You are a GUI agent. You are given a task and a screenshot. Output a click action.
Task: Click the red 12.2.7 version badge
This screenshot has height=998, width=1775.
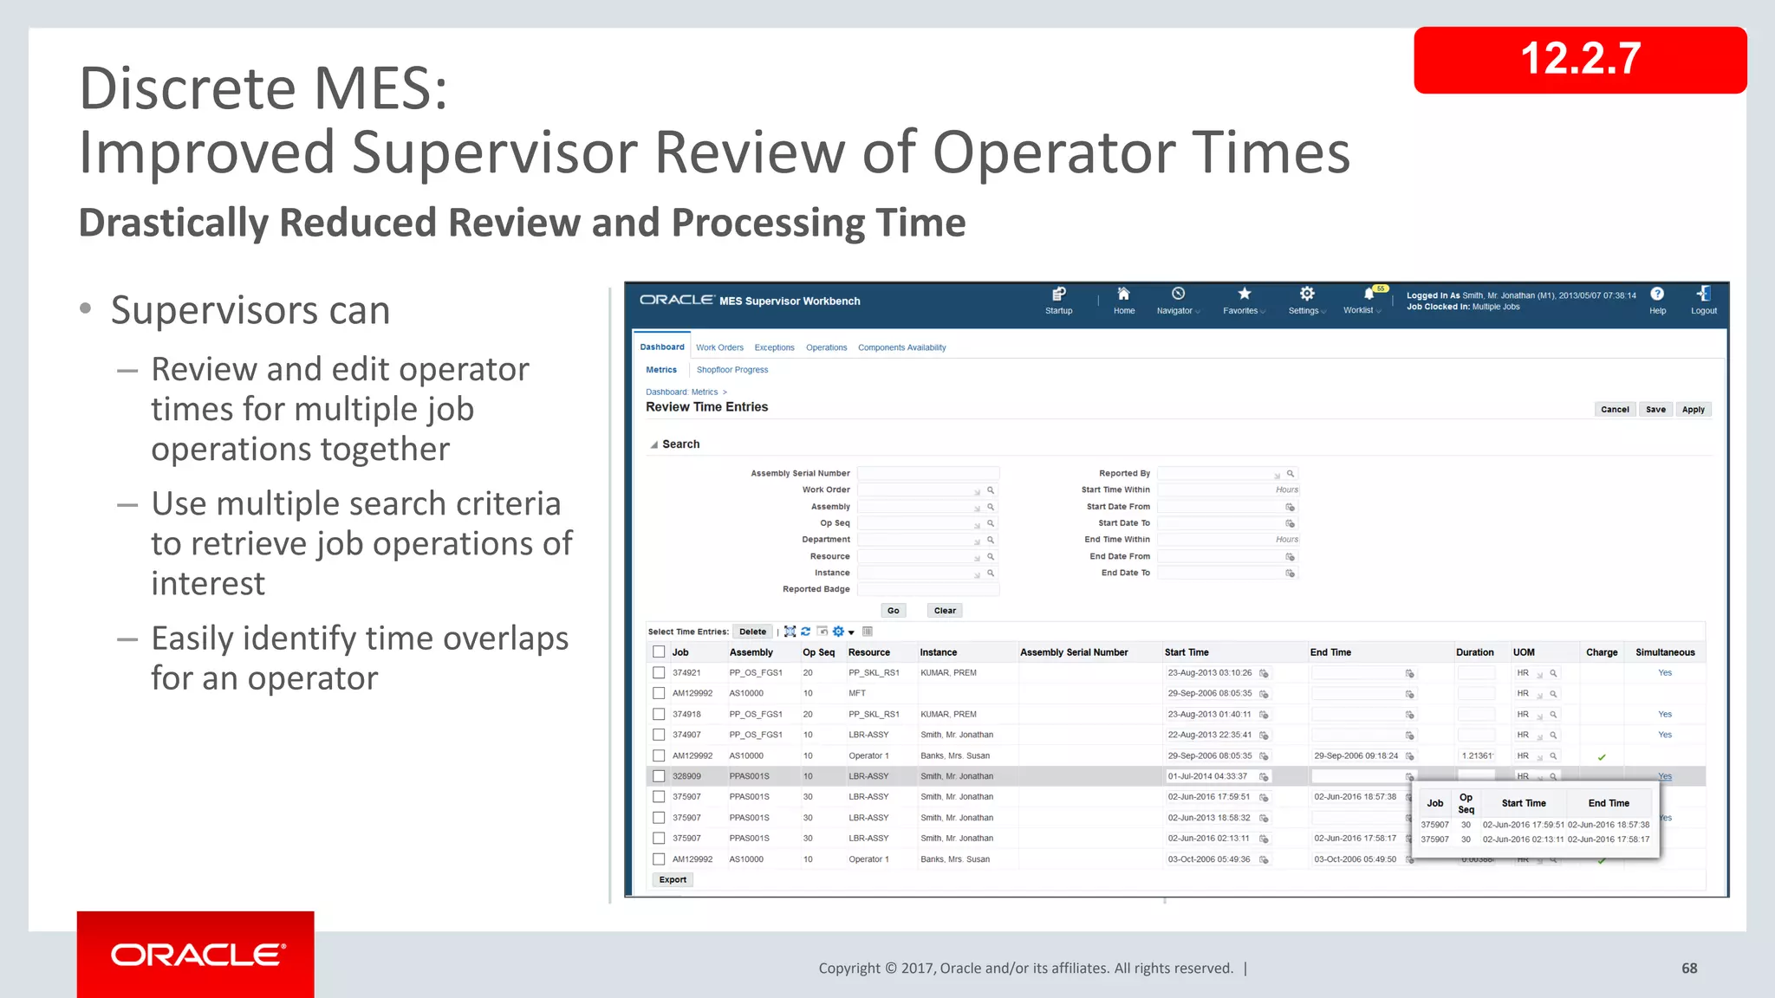pos(1579,60)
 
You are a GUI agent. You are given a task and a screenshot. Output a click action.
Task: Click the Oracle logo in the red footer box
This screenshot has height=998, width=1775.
pos(197,955)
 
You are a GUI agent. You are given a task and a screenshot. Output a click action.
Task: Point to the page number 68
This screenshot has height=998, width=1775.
pos(1689,969)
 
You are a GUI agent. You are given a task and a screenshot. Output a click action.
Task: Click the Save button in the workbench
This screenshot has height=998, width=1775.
pos(1655,410)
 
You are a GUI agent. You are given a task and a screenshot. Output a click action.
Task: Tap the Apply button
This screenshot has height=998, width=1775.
pos(1693,410)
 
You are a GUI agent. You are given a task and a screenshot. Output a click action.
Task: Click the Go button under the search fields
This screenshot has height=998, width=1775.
pos(893,611)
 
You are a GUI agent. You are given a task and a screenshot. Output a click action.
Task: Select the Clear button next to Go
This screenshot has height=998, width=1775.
pos(945,611)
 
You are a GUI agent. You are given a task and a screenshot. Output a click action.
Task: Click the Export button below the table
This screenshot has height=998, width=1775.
pos(673,880)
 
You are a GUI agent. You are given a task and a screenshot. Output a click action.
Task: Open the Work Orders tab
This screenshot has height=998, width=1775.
pos(719,347)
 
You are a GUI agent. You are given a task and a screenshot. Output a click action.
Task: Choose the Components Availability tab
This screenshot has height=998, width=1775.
pos(901,347)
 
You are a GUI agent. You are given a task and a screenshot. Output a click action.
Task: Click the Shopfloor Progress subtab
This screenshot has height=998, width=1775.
pos(732,370)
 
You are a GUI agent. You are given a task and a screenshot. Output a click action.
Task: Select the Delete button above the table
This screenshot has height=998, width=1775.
pos(752,632)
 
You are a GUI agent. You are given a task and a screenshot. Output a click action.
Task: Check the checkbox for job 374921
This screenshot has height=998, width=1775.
pos(659,673)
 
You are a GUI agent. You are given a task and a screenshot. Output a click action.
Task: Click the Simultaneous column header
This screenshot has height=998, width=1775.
pos(1664,652)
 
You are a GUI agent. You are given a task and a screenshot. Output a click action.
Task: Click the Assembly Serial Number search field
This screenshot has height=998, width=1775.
pos(927,474)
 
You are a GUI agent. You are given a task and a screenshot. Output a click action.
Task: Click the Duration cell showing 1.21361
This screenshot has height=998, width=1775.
pos(1476,756)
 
